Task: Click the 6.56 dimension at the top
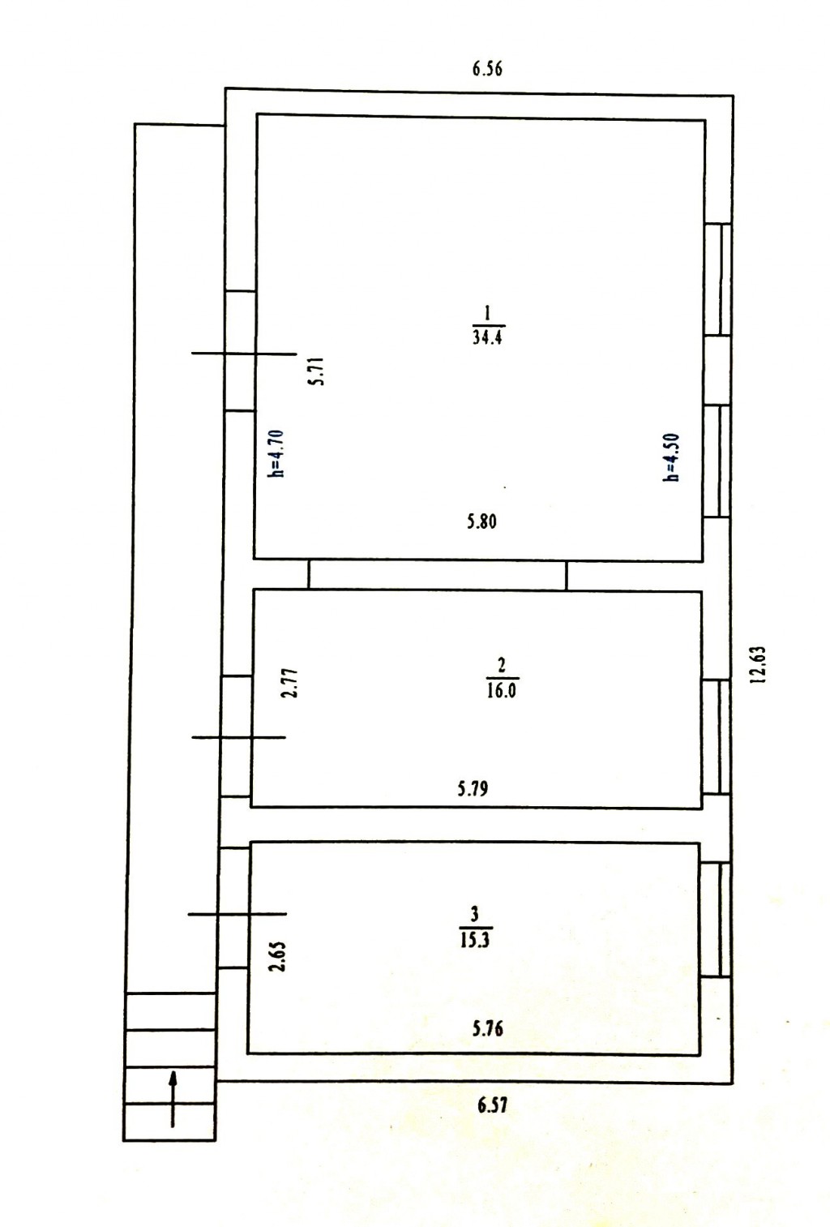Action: (486, 69)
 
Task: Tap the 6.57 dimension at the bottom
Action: (492, 1105)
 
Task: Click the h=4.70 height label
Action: (277, 454)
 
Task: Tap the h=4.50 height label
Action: (671, 457)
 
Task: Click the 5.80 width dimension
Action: (481, 521)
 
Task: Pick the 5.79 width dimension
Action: (473, 789)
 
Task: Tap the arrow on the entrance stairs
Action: (173, 1099)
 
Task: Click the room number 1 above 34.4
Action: (486, 313)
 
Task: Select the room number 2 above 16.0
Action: (502, 666)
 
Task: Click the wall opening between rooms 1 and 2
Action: (438, 575)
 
